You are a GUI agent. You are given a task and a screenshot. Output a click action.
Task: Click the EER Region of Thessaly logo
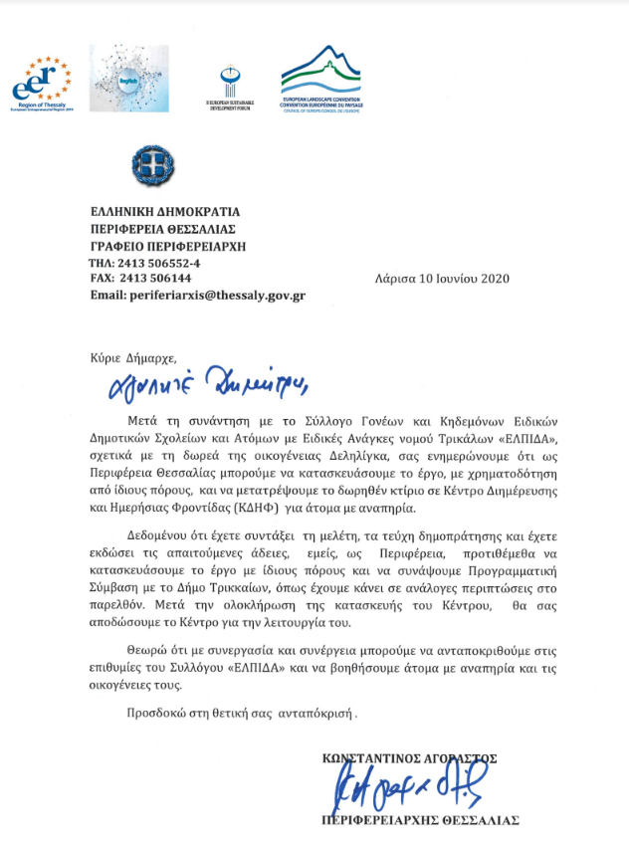tap(42, 80)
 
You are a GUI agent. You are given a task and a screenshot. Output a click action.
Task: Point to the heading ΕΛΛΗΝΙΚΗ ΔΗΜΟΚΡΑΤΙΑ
tap(164, 212)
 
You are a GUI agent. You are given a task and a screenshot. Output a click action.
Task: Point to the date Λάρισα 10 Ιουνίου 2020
tap(443, 279)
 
